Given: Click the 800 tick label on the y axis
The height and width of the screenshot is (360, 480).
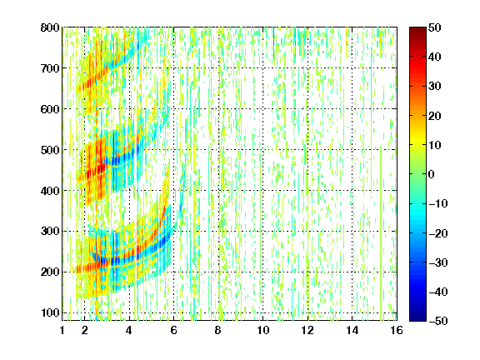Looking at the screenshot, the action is (50, 27).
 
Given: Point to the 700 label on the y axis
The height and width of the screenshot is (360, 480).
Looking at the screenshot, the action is (50, 68).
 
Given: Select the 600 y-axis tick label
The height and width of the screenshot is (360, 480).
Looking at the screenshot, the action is (50, 109).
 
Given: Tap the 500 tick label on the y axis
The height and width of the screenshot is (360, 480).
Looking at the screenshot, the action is (50, 150).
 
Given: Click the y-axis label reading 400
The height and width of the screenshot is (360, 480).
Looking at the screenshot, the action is (50, 191).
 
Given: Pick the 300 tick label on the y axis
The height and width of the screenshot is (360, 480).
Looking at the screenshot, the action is (50, 232).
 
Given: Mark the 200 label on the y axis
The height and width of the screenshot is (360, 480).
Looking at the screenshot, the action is (50, 272).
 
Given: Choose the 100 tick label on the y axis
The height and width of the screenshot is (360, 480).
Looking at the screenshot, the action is (50, 312).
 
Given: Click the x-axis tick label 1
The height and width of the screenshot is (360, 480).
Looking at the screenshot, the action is (62, 330).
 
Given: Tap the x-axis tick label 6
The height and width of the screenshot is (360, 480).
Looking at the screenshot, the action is (174, 330).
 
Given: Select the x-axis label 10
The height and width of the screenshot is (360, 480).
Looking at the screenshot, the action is (263, 330).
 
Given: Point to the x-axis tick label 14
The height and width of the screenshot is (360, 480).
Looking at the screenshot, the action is (352, 330).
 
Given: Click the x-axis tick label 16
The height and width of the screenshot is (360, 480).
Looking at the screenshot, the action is (397, 330).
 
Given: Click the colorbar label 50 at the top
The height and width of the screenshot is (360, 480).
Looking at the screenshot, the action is (435, 27).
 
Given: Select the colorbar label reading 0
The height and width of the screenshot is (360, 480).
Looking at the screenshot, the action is (432, 174).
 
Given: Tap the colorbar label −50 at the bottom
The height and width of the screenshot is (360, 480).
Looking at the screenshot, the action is (438, 321).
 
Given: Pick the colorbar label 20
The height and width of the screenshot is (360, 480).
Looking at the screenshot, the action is (435, 116).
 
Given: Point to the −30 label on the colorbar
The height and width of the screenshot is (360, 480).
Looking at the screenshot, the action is (438, 262).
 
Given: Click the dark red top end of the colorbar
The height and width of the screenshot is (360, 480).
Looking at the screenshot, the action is (417, 29).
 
